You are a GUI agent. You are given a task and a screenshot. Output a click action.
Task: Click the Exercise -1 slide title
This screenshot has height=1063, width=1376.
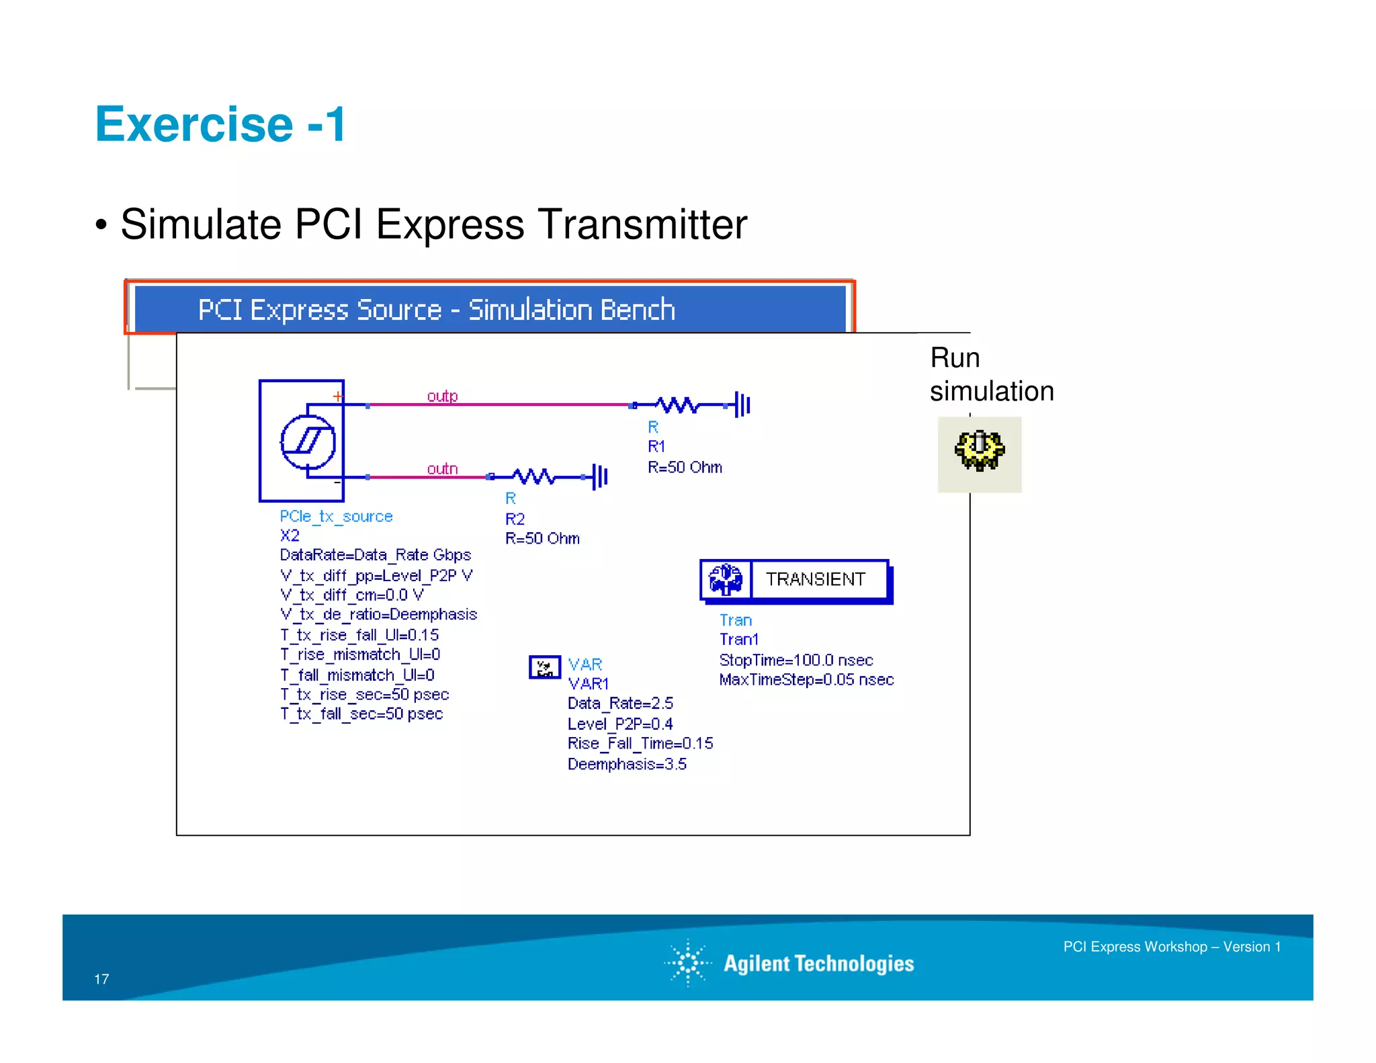(220, 125)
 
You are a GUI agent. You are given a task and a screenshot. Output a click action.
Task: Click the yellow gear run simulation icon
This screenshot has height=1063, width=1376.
(979, 450)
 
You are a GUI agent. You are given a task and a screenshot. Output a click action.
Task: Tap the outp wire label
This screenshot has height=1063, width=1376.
(442, 396)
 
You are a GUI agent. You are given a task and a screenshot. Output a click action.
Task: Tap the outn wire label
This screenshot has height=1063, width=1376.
(442, 468)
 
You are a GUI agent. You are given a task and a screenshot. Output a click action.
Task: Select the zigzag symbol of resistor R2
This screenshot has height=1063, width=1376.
(534, 476)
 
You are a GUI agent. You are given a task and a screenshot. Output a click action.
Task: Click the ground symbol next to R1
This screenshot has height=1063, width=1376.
(742, 405)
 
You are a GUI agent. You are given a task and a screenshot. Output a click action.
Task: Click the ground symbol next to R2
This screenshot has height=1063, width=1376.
(599, 476)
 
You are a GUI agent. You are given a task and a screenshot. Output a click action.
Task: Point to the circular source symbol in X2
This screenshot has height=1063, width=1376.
(308, 441)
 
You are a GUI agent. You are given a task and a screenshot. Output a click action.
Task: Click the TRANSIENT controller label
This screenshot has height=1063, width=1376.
(815, 579)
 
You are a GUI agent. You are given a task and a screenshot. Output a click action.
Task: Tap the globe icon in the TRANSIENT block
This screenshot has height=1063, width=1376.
(726, 579)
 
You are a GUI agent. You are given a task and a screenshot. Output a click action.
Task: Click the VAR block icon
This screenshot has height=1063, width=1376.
(544, 667)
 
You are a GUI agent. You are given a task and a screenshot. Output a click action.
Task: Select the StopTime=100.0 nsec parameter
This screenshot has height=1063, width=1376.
(795, 660)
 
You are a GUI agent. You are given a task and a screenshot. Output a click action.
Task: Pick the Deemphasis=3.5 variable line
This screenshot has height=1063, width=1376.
(626, 764)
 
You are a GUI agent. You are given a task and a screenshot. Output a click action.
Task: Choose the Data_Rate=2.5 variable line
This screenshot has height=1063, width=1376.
(619, 704)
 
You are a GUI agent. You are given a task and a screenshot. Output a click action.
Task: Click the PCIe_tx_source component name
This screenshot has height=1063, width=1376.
(336, 516)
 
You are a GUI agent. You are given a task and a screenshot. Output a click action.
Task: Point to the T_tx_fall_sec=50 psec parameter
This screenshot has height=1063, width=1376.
(361, 714)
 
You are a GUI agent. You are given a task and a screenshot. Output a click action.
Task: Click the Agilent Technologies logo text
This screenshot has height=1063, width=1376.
(818, 964)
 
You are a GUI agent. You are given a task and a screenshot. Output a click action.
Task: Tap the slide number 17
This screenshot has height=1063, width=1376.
(101, 979)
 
